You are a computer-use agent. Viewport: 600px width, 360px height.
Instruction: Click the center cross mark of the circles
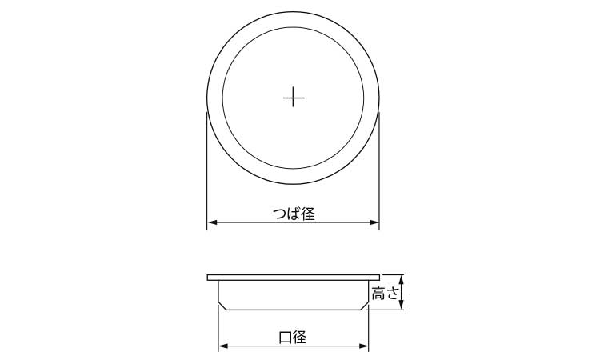pyautogui.click(x=294, y=98)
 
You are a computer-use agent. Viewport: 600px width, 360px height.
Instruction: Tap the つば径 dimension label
pyautogui.click(x=294, y=214)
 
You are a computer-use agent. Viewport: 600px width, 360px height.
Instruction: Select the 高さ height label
pyautogui.click(x=386, y=294)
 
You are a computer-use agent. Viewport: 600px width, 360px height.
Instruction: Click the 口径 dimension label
pyautogui.click(x=294, y=337)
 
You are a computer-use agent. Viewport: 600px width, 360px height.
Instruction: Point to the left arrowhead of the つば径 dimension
pyautogui.click(x=212, y=222)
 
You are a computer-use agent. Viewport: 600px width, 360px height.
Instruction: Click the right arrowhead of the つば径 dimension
pyautogui.click(x=375, y=222)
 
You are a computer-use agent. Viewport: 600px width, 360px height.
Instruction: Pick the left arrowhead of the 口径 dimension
pyautogui.click(x=223, y=346)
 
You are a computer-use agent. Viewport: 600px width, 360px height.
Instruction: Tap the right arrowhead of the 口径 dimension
pyautogui.click(x=364, y=346)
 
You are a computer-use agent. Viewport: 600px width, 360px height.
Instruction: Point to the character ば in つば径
pyautogui.click(x=294, y=214)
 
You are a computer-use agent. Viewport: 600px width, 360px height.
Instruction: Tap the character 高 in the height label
pyautogui.click(x=378, y=294)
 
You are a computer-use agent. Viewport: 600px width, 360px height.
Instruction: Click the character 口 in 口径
pyautogui.click(x=286, y=337)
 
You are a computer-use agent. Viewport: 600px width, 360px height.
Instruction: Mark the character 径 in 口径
pyautogui.click(x=301, y=337)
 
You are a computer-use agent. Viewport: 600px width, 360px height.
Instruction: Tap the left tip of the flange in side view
pyautogui.click(x=208, y=277)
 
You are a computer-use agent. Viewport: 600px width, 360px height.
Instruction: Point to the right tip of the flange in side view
pyautogui.click(x=380, y=277)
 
